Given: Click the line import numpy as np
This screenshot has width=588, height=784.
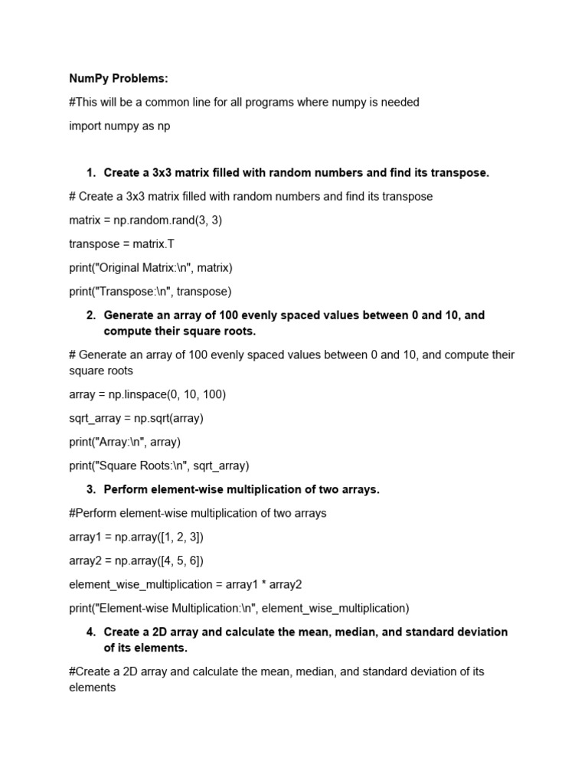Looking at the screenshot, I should click(x=119, y=126).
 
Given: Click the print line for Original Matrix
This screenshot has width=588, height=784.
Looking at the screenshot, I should click(x=150, y=268).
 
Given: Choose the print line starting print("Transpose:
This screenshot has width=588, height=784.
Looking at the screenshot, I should click(x=149, y=292).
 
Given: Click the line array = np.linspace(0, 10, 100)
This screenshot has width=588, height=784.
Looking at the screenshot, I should click(x=147, y=394).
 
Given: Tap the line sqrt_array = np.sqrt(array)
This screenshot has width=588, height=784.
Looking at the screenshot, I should click(x=136, y=418).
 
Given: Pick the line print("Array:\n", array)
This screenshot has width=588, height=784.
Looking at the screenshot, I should click(x=125, y=442).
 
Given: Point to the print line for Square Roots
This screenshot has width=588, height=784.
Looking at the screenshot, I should click(x=159, y=465).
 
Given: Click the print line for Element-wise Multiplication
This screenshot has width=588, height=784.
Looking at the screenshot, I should click(x=239, y=608).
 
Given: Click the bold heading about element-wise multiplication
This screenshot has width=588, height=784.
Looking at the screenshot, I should click(x=241, y=489).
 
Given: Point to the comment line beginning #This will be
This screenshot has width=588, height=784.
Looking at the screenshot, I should click(x=243, y=102).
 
